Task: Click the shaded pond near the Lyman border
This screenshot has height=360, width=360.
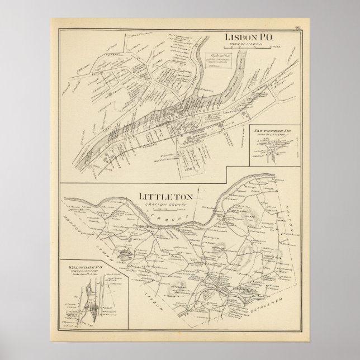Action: [x=127, y=257]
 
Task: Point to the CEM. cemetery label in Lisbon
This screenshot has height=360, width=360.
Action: [x=196, y=167]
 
